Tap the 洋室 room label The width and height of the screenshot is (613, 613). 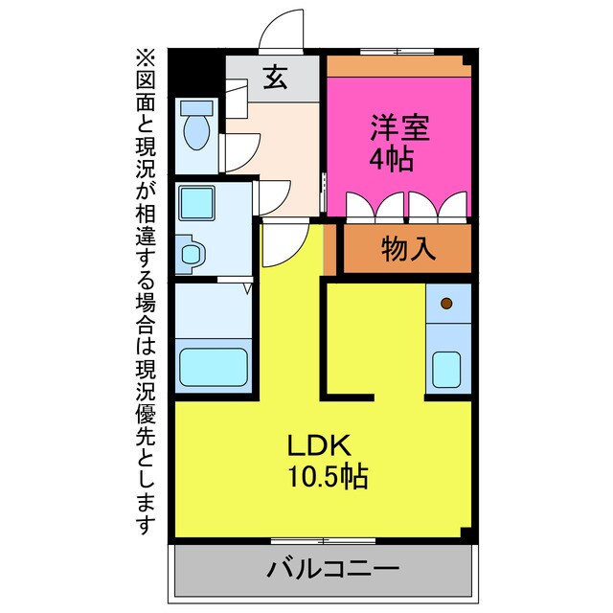400,127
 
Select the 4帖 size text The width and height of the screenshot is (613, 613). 392,158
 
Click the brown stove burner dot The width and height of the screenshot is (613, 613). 446,305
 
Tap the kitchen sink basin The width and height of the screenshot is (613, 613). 447,368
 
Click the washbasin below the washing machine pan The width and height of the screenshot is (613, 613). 192,254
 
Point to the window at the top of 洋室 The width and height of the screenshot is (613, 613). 397,51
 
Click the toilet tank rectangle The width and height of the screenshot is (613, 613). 197,105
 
